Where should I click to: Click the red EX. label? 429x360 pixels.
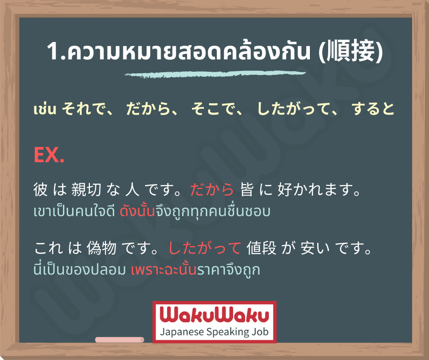click(49, 155)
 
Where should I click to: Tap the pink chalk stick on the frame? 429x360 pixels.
click(120, 340)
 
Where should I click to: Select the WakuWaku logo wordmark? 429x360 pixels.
click(214, 315)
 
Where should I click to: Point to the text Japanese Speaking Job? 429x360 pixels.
click(214, 332)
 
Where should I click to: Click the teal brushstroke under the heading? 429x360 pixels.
click(215, 74)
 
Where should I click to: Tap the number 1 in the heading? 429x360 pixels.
click(52, 52)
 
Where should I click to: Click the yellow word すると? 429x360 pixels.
click(373, 109)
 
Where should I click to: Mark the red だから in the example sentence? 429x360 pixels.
click(212, 189)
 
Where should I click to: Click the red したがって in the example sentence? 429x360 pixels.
click(204, 248)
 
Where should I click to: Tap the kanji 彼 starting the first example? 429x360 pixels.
click(41, 189)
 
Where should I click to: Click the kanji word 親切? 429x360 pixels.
click(86, 189)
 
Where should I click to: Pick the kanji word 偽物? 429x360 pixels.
click(101, 248)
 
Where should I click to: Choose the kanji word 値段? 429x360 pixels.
click(262, 248)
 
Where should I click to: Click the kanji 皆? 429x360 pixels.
click(247, 189)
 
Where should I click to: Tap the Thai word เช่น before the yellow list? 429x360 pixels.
click(45, 109)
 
